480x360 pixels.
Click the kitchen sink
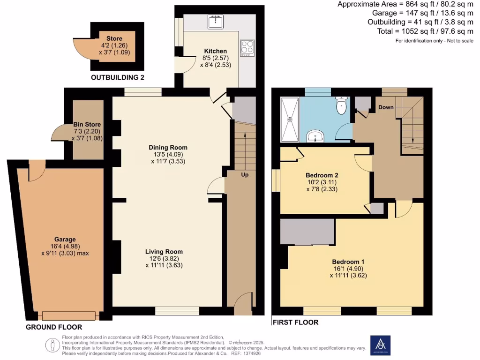(x=216, y=22)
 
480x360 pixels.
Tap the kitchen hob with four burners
(x=247, y=47)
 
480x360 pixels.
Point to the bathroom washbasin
(x=315, y=136)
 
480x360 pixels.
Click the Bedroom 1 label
(x=348, y=262)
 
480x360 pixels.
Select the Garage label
(x=64, y=239)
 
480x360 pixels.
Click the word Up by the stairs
(x=245, y=175)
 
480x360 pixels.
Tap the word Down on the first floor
(x=386, y=107)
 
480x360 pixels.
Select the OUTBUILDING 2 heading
(x=117, y=77)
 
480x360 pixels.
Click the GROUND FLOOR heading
(x=54, y=327)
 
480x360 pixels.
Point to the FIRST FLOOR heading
(x=295, y=322)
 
